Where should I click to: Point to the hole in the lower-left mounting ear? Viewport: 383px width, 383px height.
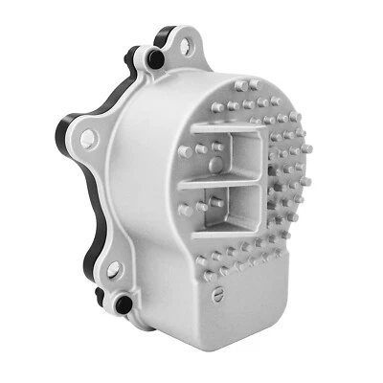pos(113,271)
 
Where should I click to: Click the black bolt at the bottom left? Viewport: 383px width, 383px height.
pos(123,304)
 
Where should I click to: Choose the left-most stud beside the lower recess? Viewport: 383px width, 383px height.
pos(185,209)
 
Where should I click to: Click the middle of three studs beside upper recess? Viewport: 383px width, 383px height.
pos(201,148)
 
